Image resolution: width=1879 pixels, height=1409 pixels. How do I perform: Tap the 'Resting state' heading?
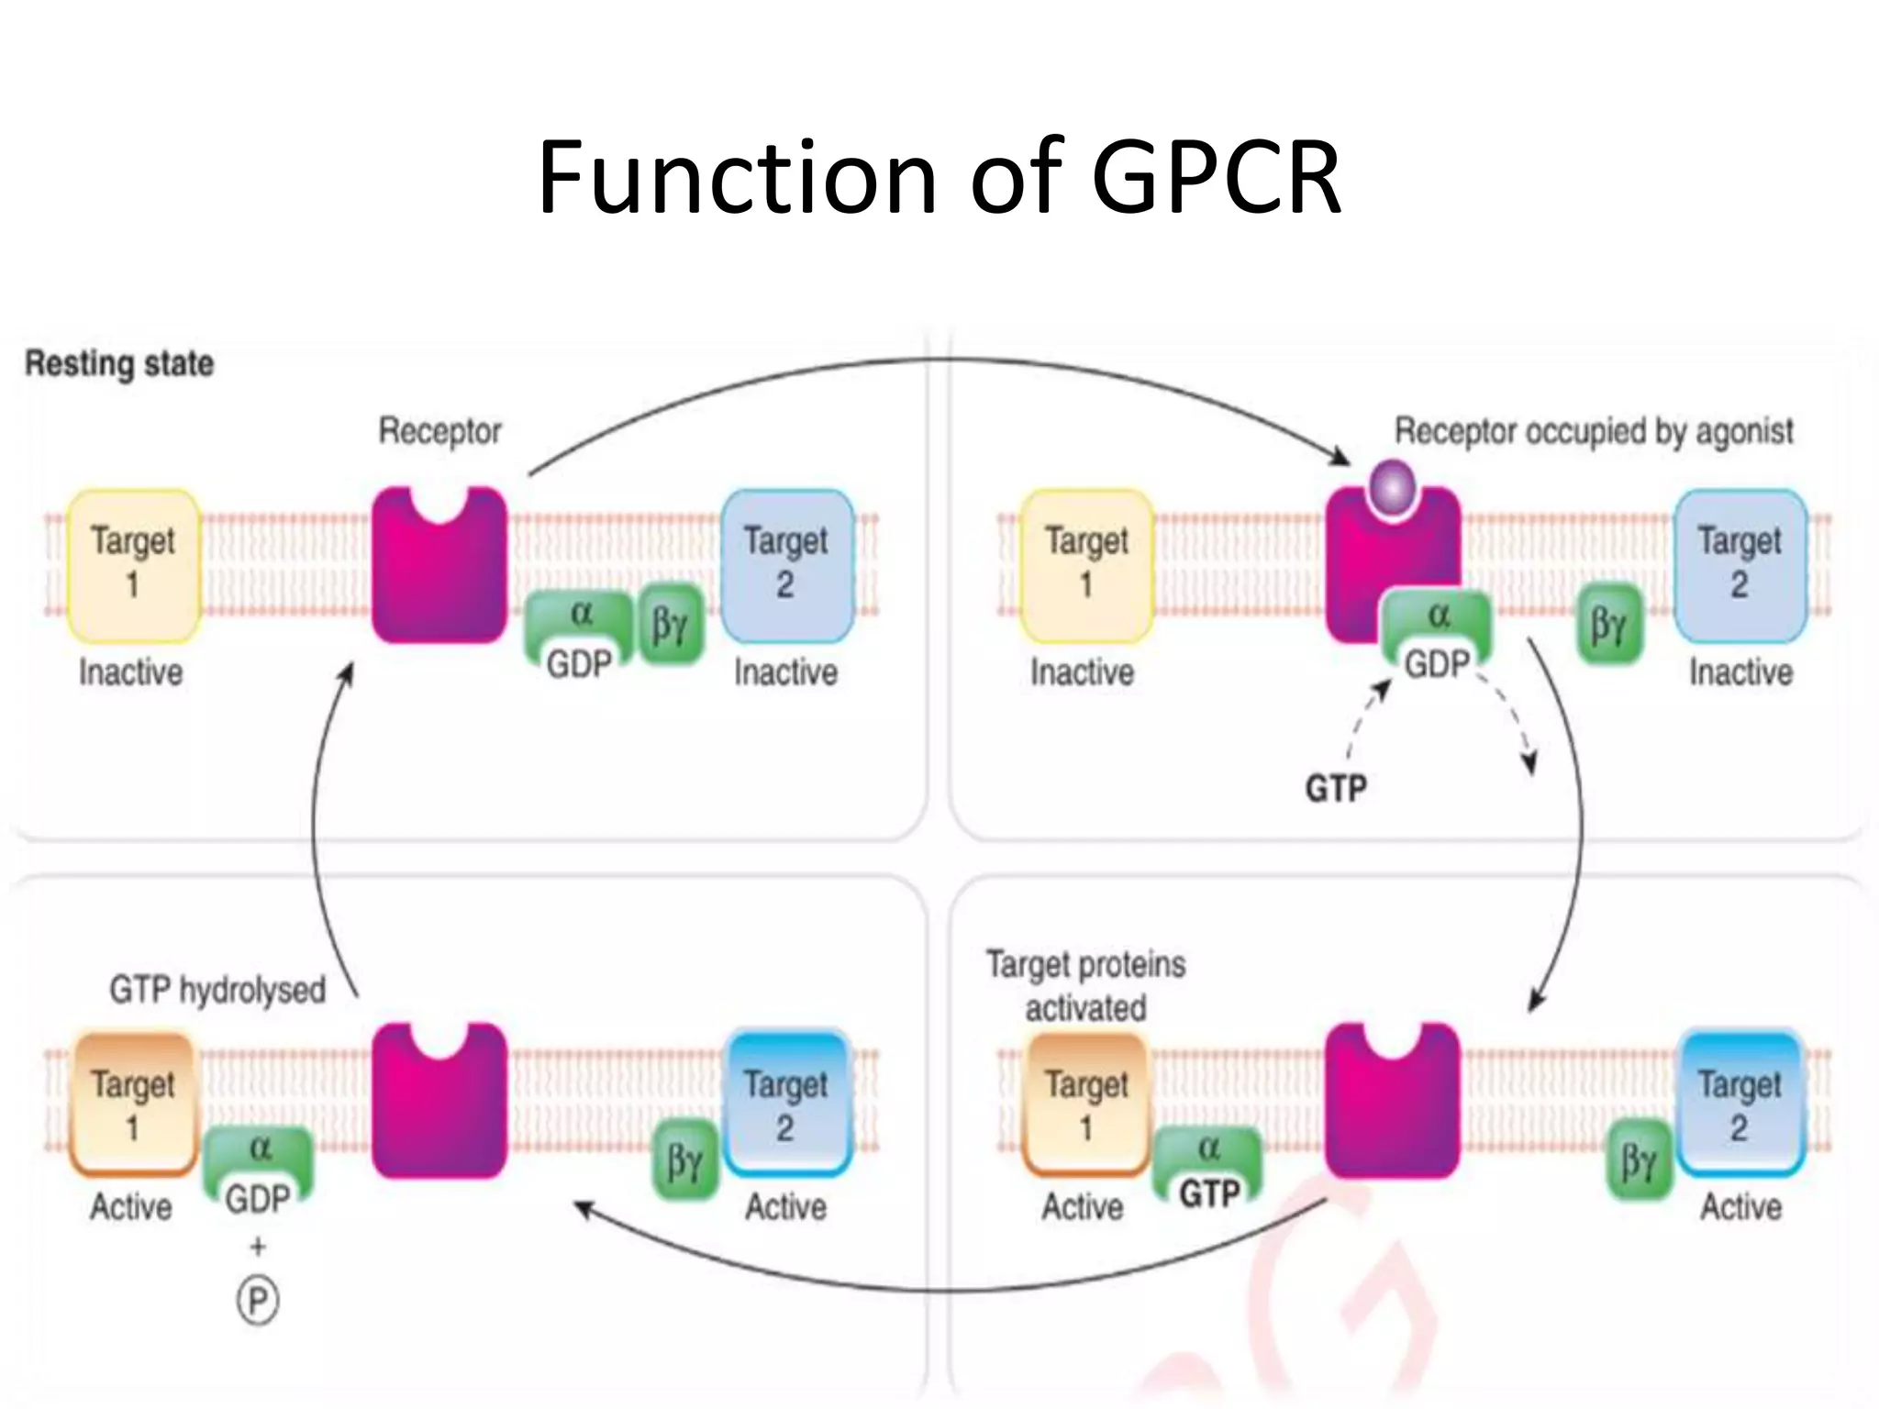119,363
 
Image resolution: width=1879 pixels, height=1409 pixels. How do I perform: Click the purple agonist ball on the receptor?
1393,487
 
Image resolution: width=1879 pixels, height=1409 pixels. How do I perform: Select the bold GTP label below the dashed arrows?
1336,788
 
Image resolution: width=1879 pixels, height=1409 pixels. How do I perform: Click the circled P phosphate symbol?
258,1301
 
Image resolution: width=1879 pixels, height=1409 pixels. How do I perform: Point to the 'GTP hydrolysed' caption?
217,990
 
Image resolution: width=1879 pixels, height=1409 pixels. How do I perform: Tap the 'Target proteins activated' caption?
1086,986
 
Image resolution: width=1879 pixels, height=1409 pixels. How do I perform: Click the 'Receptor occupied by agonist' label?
1594,431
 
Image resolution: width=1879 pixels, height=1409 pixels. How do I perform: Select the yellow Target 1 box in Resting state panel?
133,565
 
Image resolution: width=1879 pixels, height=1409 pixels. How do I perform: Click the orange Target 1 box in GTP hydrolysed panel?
133,1104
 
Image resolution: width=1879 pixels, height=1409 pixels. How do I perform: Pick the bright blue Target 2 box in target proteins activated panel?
1740,1104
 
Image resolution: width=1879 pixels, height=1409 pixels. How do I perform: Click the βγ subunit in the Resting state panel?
670,625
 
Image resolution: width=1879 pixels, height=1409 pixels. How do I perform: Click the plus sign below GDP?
258,1246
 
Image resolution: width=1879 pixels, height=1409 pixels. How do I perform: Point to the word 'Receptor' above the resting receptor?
439,430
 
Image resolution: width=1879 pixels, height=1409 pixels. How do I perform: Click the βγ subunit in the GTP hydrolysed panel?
684,1159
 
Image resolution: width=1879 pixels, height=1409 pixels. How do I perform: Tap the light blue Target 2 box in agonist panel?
1740,565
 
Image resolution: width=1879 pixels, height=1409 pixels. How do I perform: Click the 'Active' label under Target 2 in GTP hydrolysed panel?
785,1207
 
